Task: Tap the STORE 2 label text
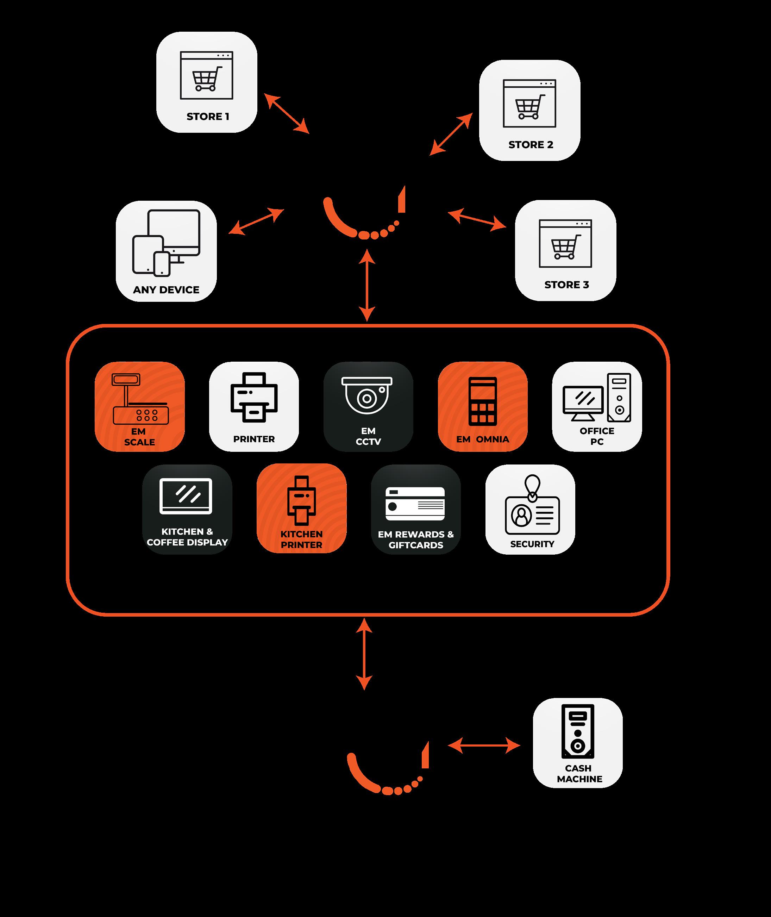pyautogui.click(x=531, y=145)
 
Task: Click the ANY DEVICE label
pyautogui.click(x=166, y=290)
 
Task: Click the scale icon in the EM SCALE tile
pyautogui.click(x=140, y=399)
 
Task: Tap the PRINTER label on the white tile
pyautogui.click(x=253, y=439)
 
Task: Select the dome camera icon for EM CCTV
pyautogui.click(x=367, y=395)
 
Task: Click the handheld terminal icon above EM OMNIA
pyautogui.click(x=483, y=401)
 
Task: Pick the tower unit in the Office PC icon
pyautogui.click(x=619, y=397)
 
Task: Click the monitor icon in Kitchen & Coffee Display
pyautogui.click(x=186, y=496)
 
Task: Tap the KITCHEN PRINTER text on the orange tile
pyautogui.click(x=302, y=539)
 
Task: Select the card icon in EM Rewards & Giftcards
pyautogui.click(x=415, y=504)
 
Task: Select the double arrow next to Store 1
pyautogui.click(x=286, y=113)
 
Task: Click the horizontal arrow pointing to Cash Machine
pyautogui.click(x=484, y=745)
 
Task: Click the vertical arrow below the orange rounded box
pyautogui.click(x=364, y=654)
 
